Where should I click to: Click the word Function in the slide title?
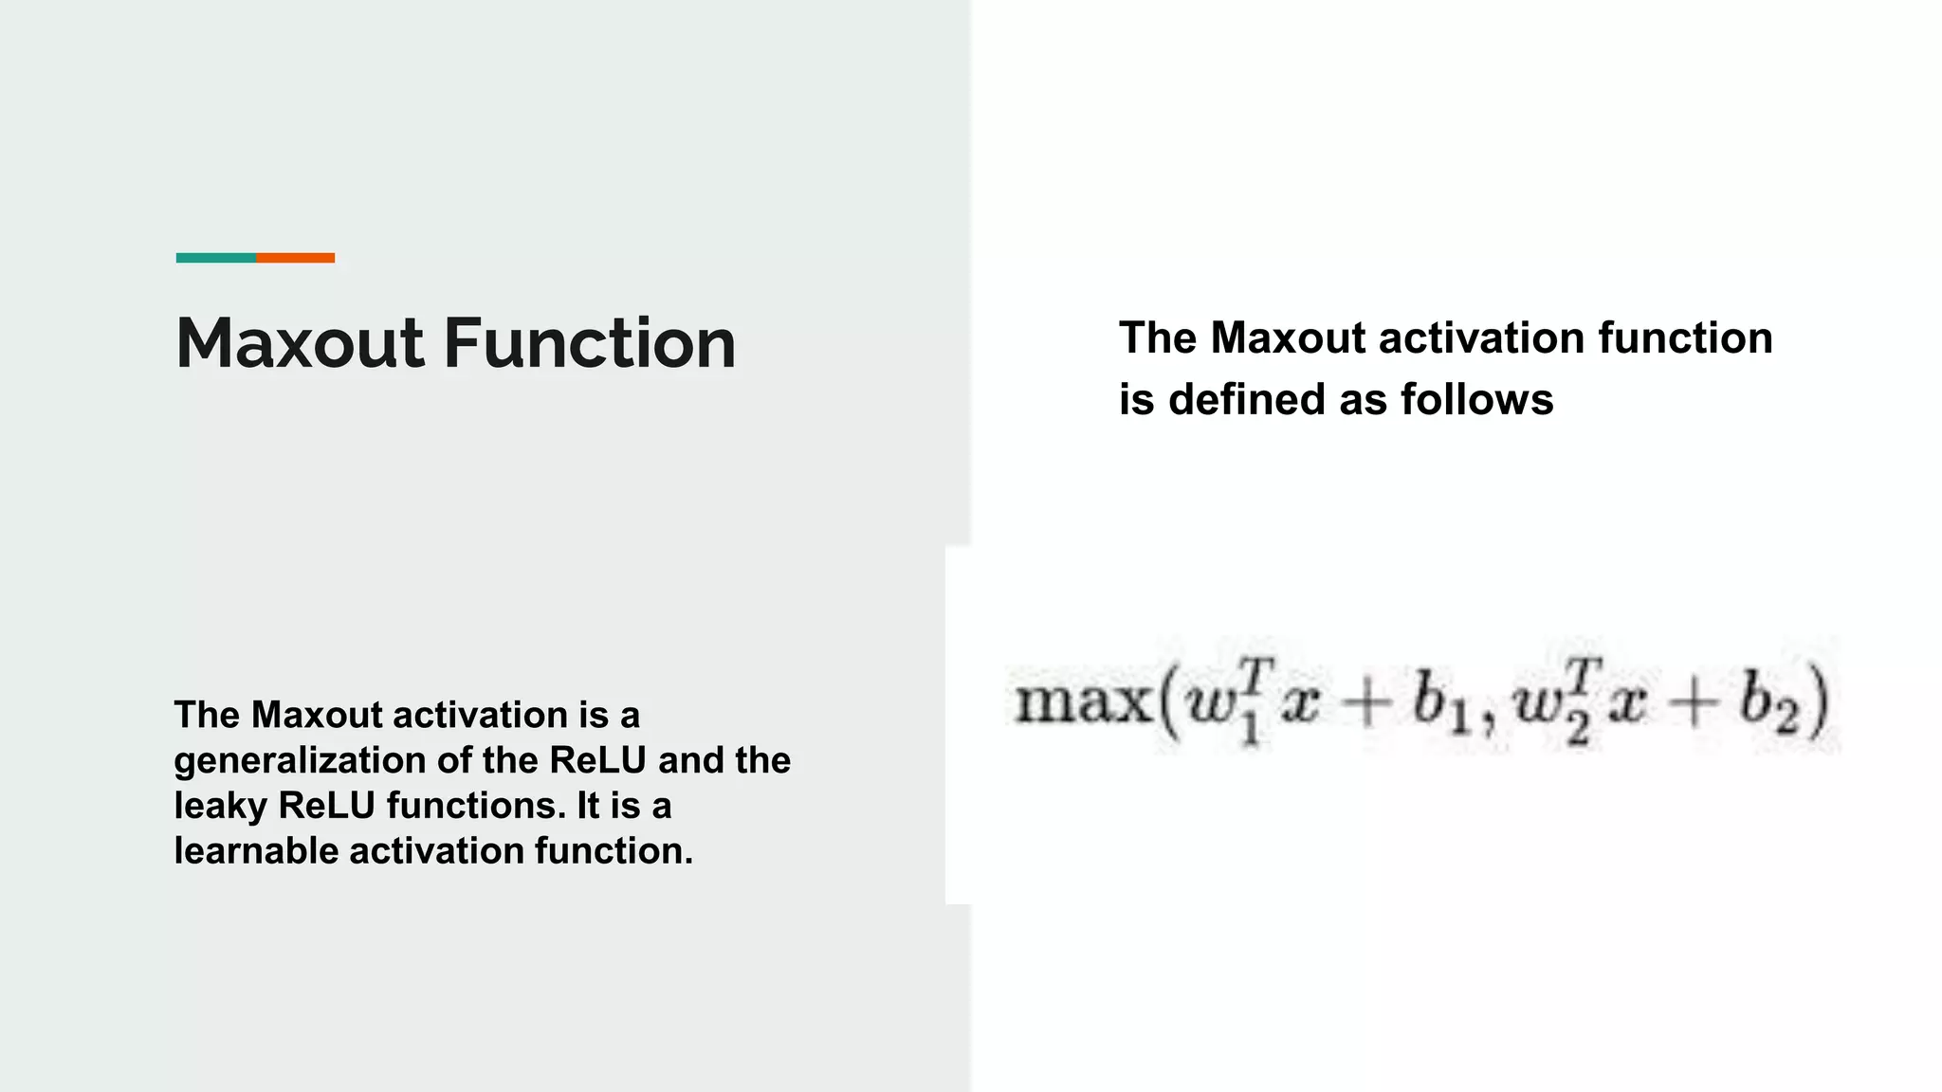590,343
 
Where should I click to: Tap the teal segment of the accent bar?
215,258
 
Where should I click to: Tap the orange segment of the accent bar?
295,258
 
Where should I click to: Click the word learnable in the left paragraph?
256,850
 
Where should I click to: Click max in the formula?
1082,703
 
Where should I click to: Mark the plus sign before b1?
1365,706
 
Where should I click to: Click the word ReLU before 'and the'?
597,761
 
